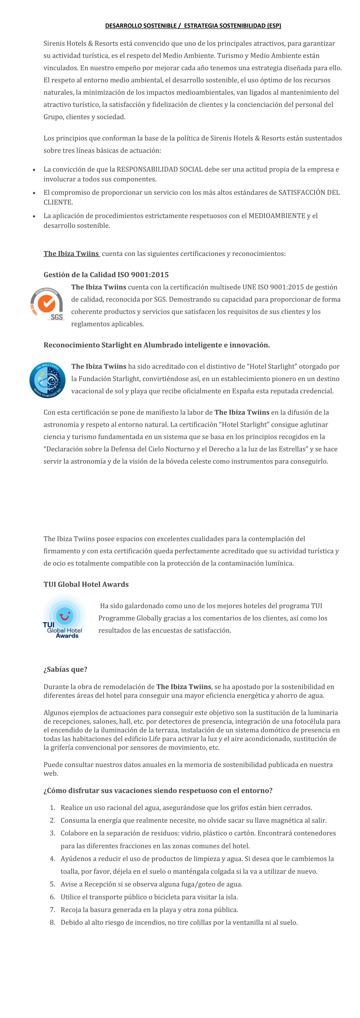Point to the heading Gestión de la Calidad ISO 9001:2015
[x=106, y=275]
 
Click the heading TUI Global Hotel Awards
[x=86, y=584]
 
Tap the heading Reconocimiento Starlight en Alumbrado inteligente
[x=156, y=345]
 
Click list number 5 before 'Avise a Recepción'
[x=52, y=884]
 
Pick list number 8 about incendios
[x=52, y=922]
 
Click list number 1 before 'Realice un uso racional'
[x=52, y=807]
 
